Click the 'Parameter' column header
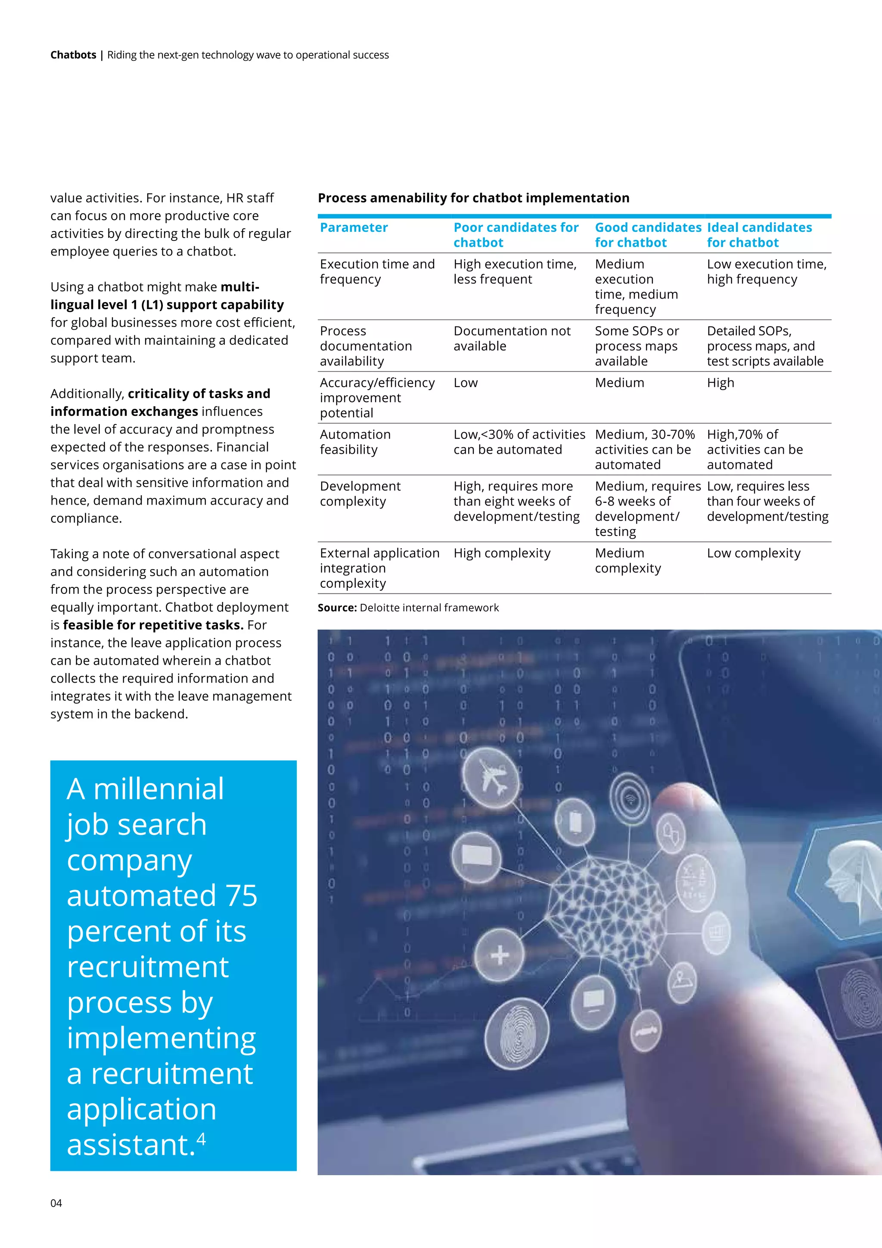pyautogui.click(x=354, y=227)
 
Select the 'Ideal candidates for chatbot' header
pyautogui.click(x=759, y=235)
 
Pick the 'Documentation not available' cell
pyautogui.click(x=512, y=338)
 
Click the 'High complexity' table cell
pyautogui.click(x=502, y=553)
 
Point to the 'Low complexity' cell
pyautogui.click(x=753, y=553)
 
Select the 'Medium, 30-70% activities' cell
pyautogui.click(x=644, y=449)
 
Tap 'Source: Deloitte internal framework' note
pyautogui.click(x=408, y=608)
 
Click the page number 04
pyautogui.click(x=56, y=1203)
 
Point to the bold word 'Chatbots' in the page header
pyautogui.click(x=73, y=55)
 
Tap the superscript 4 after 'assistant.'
pyautogui.click(x=201, y=1138)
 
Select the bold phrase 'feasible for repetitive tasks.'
pyautogui.click(x=152, y=625)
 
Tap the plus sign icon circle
pyautogui.click(x=499, y=955)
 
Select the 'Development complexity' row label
pyautogui.click(x=360, y=493)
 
